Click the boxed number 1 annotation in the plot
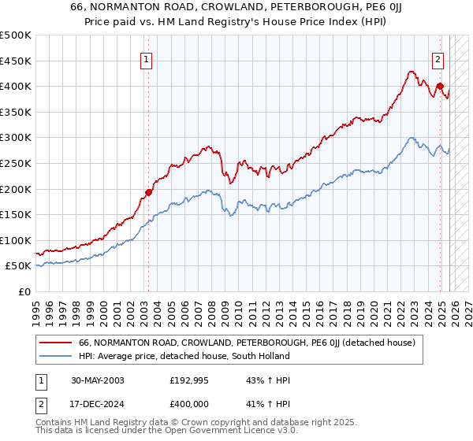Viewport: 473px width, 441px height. pyautogui.click(x=147, y=57)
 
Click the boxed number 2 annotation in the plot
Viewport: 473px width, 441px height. pyautogui.click(x=438, y=57)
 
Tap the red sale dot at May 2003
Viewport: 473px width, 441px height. pyautogui.click(x=148, y=192)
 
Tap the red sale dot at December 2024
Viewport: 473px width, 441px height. pyautogui.click(x=440, y=87)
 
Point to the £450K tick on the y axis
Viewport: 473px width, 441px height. pyautogui.click(x=16, y=61)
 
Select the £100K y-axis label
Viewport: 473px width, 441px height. pyautogui.click(x=16, y=240)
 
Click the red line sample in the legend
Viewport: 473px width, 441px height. pyautogui.click(x=56, y=343)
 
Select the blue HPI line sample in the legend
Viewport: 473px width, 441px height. pyautogui.click(x=56, y=356)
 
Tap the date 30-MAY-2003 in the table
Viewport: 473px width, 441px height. pyautogui.click(x=97, y=380)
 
